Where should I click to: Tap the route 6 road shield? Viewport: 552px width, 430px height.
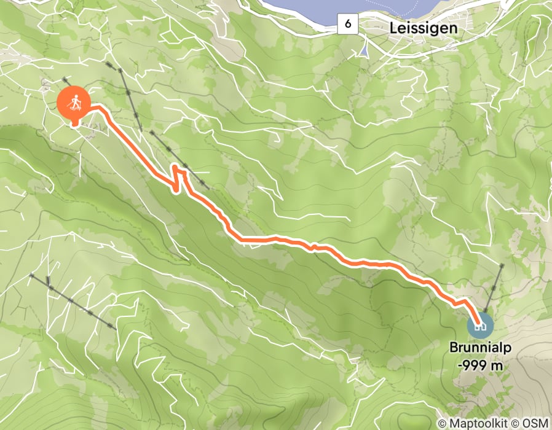348,25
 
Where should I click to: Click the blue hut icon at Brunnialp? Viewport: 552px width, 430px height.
480,324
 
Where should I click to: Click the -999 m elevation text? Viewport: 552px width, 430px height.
479,365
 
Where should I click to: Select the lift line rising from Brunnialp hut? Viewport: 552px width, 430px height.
494,289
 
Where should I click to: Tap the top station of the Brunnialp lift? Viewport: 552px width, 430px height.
503,265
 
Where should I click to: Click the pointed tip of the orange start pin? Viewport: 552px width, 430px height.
74,125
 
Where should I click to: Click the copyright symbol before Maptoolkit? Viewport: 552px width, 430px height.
443,423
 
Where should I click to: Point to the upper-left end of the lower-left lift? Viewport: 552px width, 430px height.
31,276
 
